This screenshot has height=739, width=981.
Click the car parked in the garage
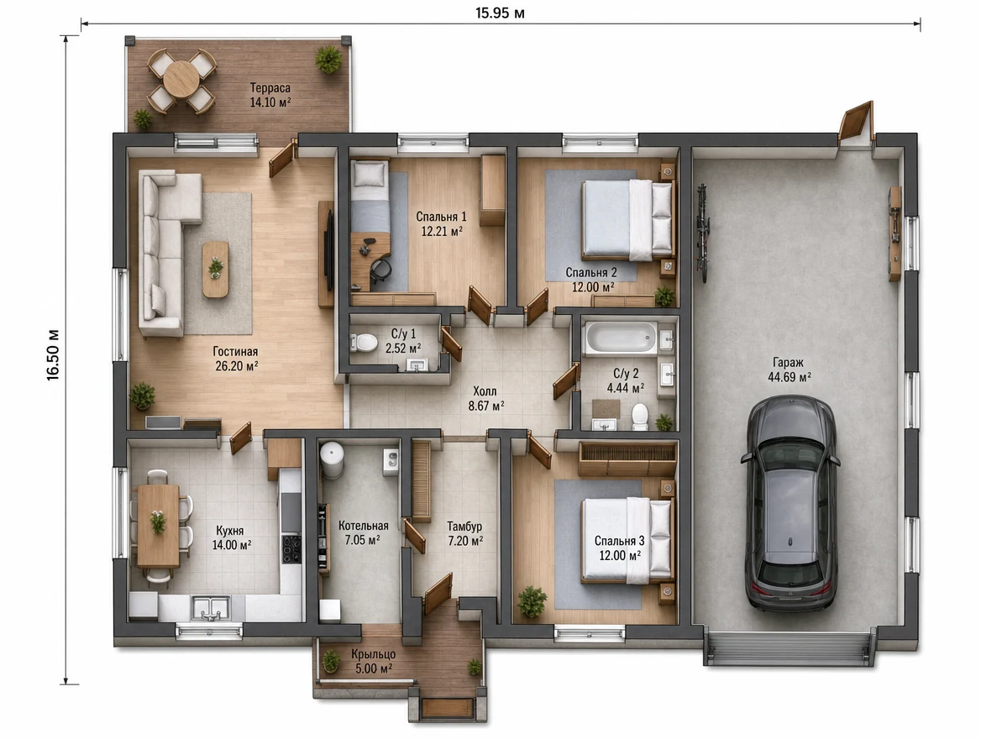pyautogui.click(x=790, y=503)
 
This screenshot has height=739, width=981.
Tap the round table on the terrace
pyautogui.click(x=181, y=78)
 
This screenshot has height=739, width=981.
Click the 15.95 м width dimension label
pyautogui.click(x=500, y=13)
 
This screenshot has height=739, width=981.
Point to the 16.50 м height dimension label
pyautogui.click(x=53, y=354)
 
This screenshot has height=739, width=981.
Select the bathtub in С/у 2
pyautogui.click(x=620, y=338)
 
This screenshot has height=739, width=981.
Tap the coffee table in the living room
pyautogui.click(x=215, y=269)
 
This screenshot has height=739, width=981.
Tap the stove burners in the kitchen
pyautogui.click(x=291, y=548)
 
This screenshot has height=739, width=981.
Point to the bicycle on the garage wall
pyautogui.click(x=703, y=233)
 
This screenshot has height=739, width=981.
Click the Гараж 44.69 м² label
pyautogui.click(x=789, y=369)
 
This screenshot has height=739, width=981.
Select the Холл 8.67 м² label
pyautogui.click(x=486, y=399)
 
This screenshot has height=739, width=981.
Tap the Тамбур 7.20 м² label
pyautogui.click(x=464, y=534)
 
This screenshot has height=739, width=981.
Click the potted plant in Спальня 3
pyautogui.click(x=532, y=601)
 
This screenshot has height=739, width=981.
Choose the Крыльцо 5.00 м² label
pyautogui.click(x=374, y=662)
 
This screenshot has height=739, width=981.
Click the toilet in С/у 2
pyautogui.click(x=639, y=417)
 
